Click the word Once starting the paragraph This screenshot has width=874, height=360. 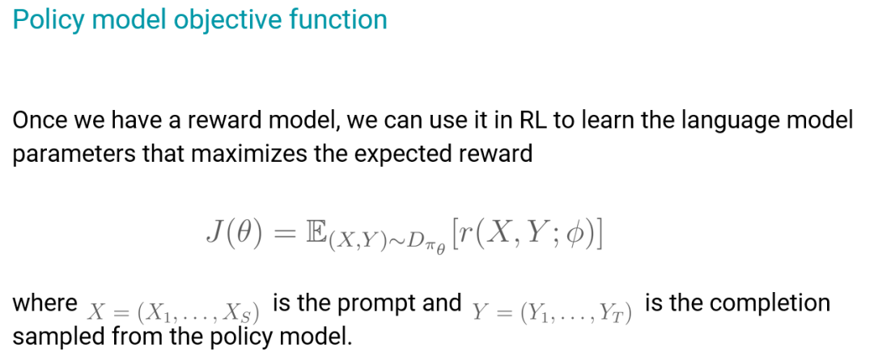40,121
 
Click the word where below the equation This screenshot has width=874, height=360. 45,303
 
